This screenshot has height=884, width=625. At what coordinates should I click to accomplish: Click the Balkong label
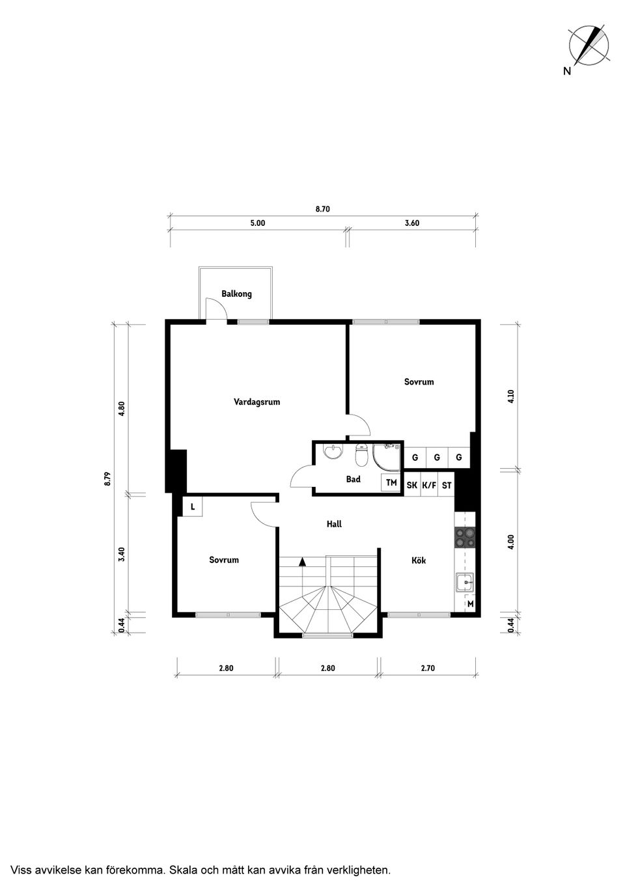(236, 294)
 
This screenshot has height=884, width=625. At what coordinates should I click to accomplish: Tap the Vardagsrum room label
(257, 402)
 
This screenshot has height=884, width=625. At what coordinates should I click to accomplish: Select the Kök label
(419, 560)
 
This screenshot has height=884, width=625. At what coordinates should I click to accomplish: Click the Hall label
(334, 523)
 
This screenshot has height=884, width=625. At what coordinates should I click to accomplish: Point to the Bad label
(353, 479)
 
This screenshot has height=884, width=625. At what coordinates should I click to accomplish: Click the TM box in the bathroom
(391, 483)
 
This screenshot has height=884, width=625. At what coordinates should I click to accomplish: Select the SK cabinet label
(411, 486)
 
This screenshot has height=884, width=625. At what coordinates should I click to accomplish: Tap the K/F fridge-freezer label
(429, 486)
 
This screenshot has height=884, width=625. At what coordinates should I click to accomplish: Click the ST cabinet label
(447, 486)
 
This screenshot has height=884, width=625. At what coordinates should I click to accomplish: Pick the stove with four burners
(465, 536)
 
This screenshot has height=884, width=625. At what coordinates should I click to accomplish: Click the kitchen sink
(465, 583)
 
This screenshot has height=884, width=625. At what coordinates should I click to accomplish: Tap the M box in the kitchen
(470, 605)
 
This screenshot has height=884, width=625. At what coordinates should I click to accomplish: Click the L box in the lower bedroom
(193, 506)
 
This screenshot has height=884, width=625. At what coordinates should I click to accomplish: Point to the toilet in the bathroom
(361, 454)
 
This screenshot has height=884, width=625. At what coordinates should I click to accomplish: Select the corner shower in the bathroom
(387, 456)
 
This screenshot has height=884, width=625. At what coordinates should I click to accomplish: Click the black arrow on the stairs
(302, 560)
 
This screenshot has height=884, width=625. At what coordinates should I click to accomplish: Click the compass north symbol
(589, 46)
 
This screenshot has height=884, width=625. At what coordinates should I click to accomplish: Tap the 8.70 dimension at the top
(322, 209)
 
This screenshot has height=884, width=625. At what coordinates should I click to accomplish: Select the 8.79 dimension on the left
(108, 478)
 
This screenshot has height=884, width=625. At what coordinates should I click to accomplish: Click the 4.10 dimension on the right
(511, 396)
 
